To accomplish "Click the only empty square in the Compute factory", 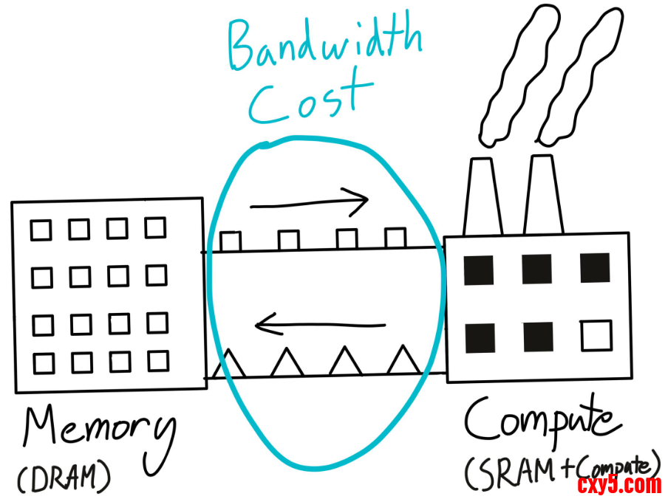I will (596, 335).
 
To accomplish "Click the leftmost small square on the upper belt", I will (231, 241).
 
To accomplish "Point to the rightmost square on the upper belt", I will (395, 238).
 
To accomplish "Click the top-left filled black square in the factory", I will (478, 269).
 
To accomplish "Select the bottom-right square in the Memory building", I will (157, 361).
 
